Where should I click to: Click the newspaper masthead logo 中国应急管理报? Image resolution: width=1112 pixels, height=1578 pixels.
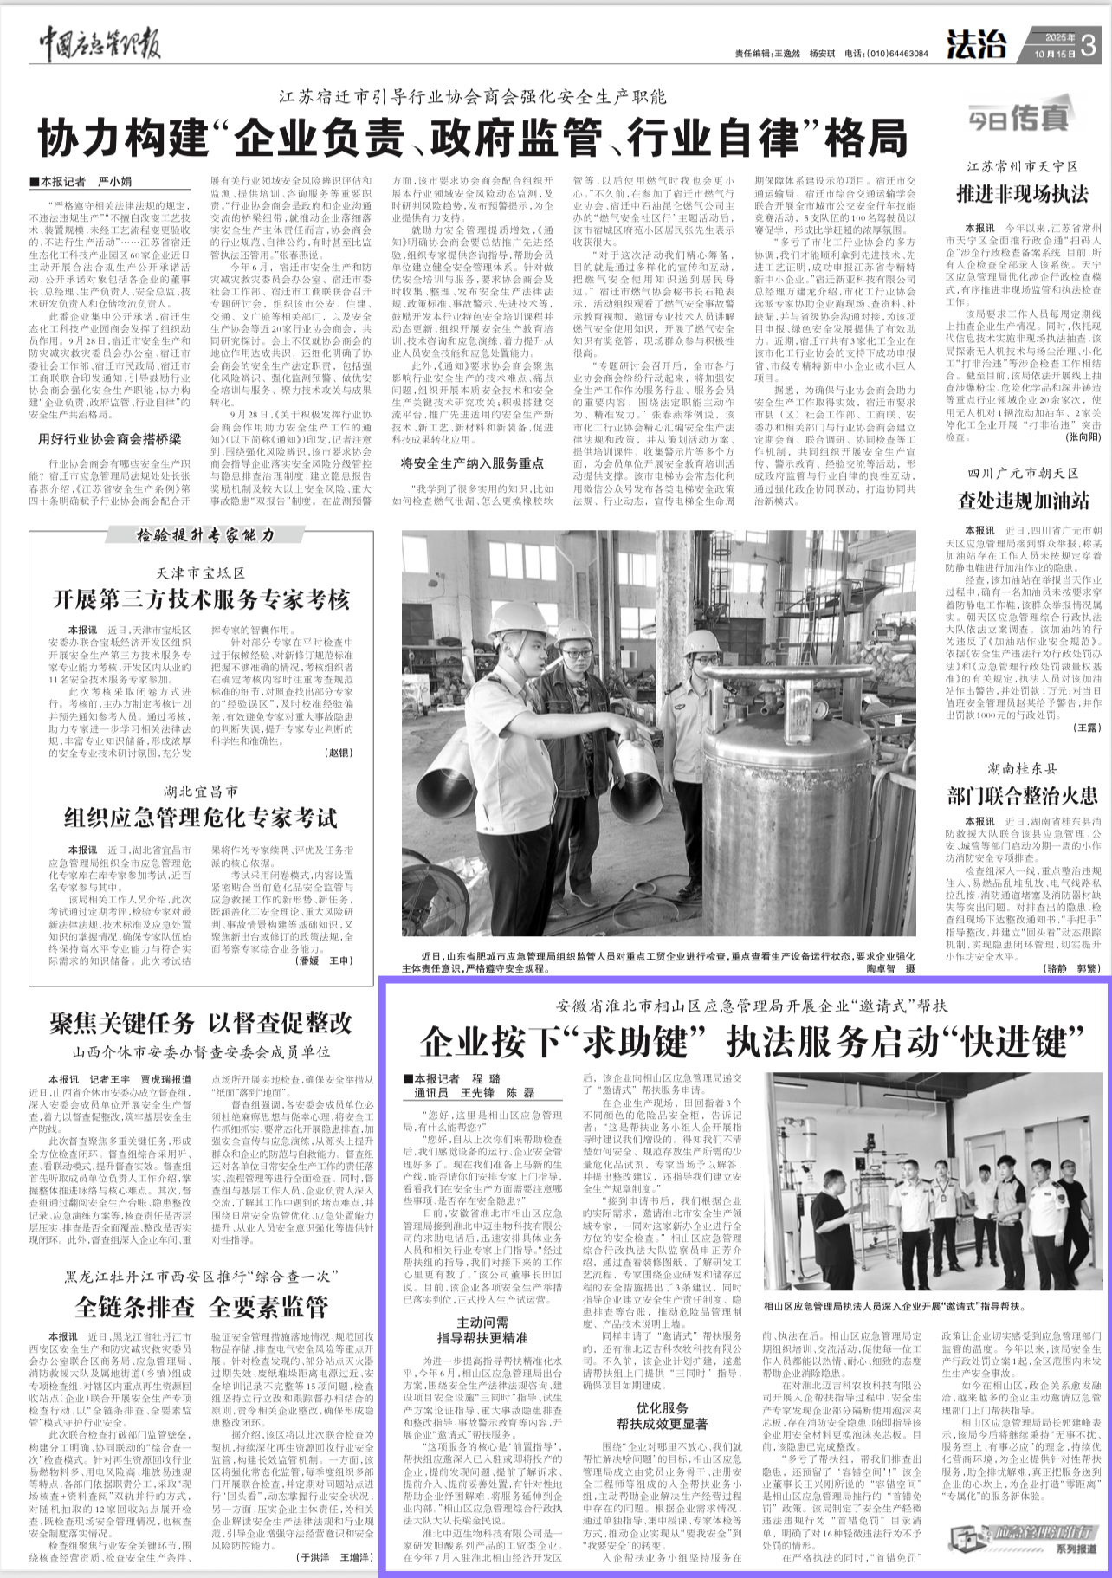pyautogui.click(x=100, y=44)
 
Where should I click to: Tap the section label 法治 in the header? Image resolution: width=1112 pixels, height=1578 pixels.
pyautogui.click(x=976, y=45)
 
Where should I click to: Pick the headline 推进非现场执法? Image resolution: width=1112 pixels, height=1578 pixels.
pyautogui.click(x=1022, y=193)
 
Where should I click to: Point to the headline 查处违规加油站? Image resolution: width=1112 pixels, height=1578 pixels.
pyautogui.click(x=1023, y=500)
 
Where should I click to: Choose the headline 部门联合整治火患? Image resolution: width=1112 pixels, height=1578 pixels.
pyautogui.click(x=1022, y=795)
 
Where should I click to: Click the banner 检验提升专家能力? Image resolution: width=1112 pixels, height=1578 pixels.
pyautogui.click(x=205, y=536)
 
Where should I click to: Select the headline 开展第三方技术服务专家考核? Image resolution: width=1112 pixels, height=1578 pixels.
pyautogui.click(x=201, y=599)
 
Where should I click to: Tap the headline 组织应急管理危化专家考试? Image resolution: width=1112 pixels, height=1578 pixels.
pyautogui.click(x=201, y=818)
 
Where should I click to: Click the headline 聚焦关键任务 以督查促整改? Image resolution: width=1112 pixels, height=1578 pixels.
pyautogui.click(x=201, y=1023)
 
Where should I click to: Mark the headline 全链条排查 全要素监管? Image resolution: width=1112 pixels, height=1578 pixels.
pyautogui.click(x=201, y=1306)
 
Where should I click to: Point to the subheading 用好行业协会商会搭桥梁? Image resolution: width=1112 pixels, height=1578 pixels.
pyautogui.click(x=109, y=439)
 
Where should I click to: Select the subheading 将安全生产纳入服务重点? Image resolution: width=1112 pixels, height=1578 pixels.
pyautogui.click(x=472, y=463)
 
